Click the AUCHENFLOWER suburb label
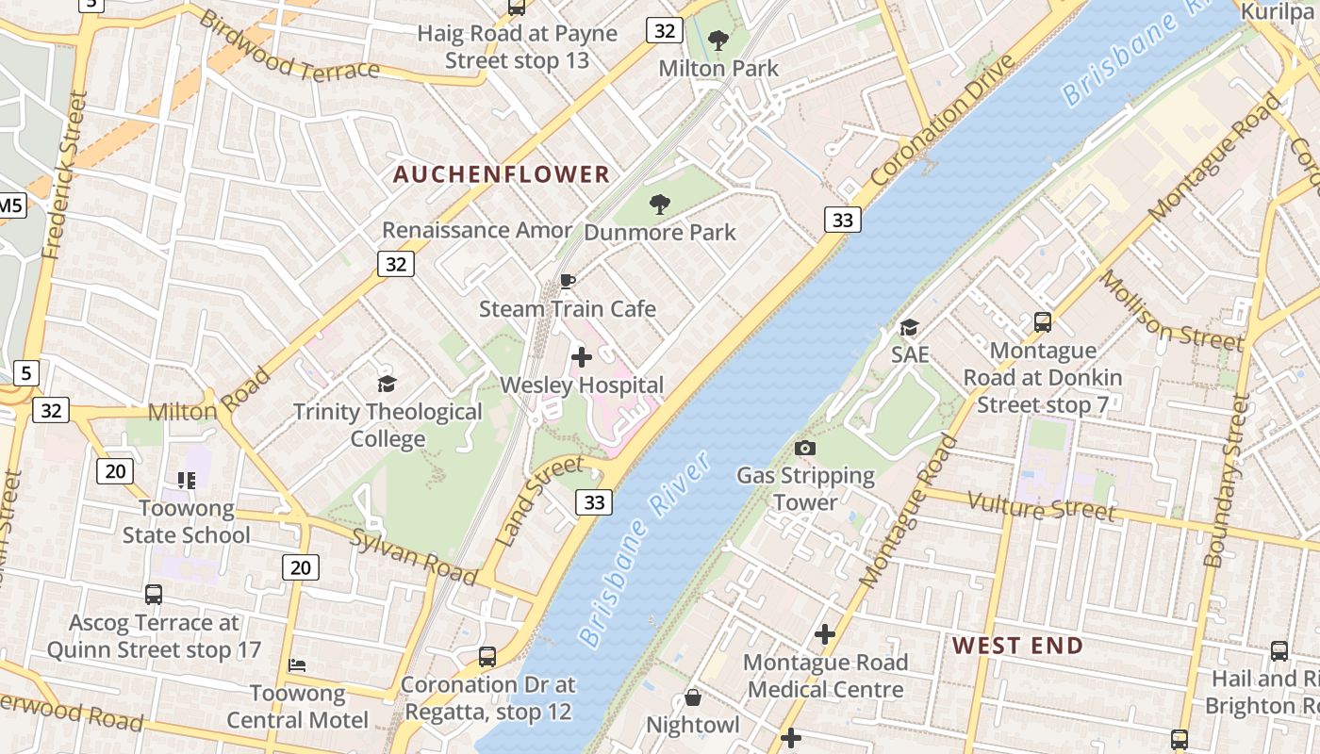coord(502,174)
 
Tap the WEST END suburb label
coord(1017,646)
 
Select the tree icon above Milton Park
coord(718,41)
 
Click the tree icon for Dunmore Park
coord(660,204)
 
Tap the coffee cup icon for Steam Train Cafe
coord(568,281)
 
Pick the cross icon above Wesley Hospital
coord(582,357)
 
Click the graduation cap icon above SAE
coord(909,327)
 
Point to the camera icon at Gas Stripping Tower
coord(805,448)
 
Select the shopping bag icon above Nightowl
coord(693,697)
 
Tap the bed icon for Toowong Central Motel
coord(297,665)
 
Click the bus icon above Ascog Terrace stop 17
coord(154,595)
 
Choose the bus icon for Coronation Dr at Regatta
coord(487,656)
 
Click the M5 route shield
coord(10,205)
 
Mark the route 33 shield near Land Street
coord(594,502)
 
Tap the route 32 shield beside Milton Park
coord(665,31)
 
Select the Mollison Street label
coord(1170,309)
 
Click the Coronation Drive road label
coord(945,121)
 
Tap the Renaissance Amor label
coord(477,230)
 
